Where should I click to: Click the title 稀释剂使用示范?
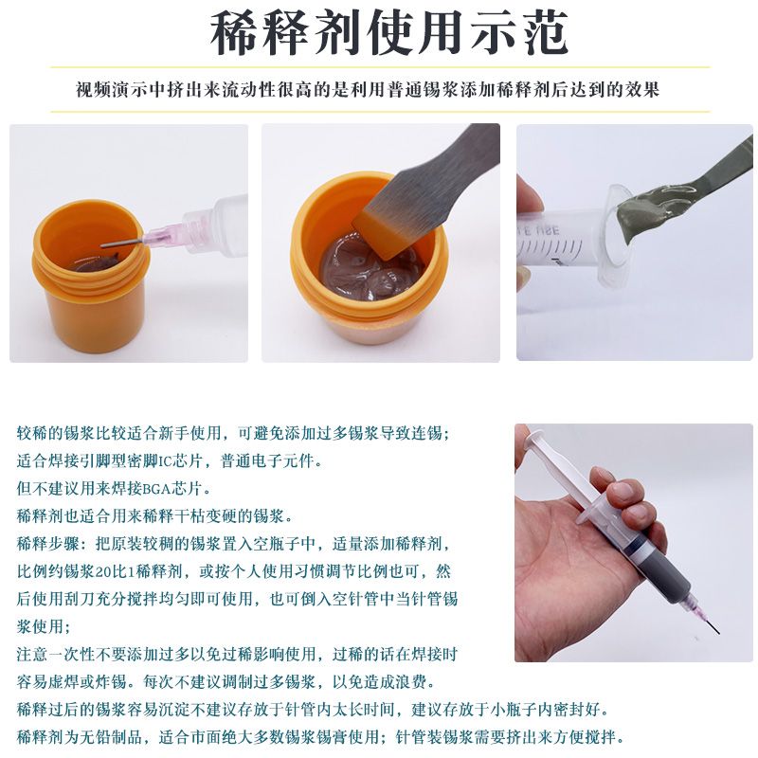[389, 33]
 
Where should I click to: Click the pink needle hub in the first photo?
[162, 233]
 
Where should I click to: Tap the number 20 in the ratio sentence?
[103, 572]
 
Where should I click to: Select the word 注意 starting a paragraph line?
[32, 655]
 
